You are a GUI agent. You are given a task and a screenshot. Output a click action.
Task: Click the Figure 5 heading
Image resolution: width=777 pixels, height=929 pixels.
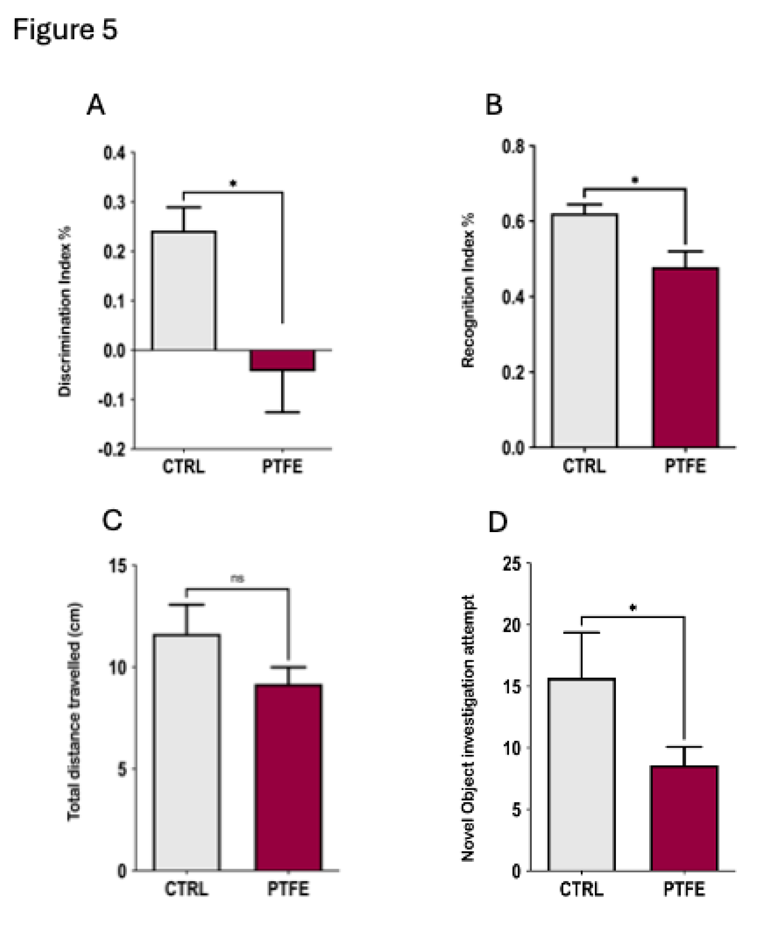coord(65,30)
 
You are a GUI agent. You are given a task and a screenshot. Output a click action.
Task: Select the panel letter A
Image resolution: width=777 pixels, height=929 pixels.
coord(96,106)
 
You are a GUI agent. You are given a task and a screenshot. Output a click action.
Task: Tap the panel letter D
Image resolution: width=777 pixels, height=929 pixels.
coord(498,522)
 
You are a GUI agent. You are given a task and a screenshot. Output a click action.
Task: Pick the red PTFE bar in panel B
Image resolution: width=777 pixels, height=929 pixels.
coord(685,357)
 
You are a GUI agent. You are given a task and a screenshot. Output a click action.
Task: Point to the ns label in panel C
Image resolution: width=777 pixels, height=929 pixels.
coord(237,579)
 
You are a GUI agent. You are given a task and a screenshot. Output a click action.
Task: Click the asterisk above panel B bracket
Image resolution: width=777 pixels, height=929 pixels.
coord(635,180)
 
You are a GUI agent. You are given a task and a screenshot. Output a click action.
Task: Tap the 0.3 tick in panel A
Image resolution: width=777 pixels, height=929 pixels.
coord(115,202)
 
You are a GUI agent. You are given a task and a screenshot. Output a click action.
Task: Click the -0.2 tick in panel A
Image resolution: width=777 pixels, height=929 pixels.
coord(112,449)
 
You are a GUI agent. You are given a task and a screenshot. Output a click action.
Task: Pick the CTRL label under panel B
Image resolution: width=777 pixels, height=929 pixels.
coord(584,466)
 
